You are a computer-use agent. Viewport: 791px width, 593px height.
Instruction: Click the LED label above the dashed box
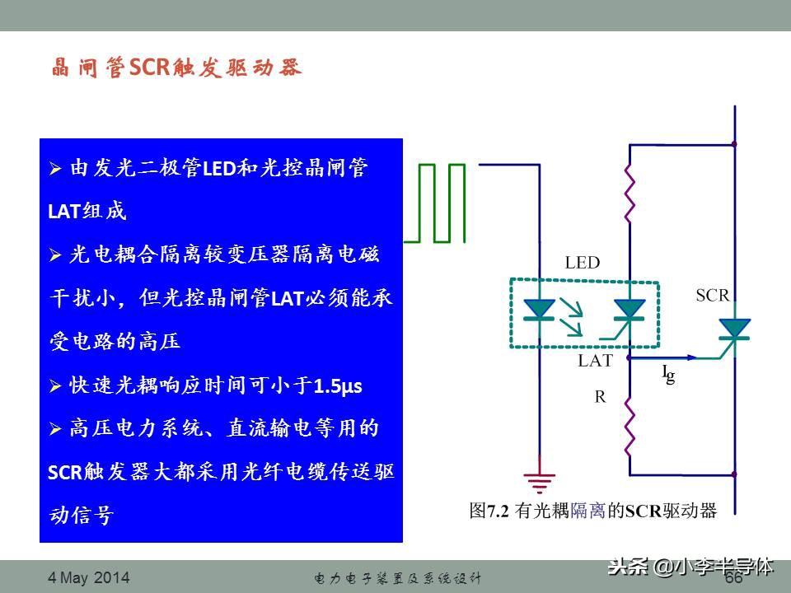(583, 263)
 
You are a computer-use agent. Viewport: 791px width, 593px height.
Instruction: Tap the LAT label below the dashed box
(595, 361)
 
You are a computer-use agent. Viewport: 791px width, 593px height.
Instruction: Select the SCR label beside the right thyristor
(713, 295)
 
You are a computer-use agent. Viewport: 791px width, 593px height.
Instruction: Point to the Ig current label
(669, 374)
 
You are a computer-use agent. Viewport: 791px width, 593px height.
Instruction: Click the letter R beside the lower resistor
(600, 397)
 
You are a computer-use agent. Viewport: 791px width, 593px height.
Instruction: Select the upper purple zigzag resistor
(629, 193)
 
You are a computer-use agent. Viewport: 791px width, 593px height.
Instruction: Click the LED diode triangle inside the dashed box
(539, 309)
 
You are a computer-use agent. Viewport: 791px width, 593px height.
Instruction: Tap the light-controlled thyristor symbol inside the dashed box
(625, 318)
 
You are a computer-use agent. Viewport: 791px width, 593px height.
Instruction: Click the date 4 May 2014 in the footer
(89, 577)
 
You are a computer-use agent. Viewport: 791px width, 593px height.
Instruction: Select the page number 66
(734, 577)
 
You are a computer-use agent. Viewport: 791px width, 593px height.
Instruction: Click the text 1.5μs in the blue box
(338, 386)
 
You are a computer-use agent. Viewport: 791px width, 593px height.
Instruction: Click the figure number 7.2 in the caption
(498, 511)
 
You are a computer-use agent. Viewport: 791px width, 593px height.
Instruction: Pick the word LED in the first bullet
(219, 168)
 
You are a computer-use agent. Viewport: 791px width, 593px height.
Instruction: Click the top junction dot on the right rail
(734, 144)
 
